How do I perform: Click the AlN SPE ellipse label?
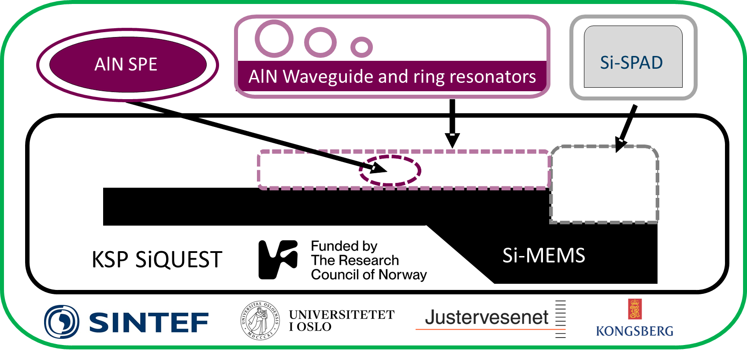click(126, 64)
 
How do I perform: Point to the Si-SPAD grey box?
click(633, 57)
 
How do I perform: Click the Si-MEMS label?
click(543, 255)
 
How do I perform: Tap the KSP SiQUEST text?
click(157, 260)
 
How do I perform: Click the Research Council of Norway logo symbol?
click(278, 260)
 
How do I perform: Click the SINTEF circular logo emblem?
click(62, 322)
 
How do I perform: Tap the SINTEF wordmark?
click(149, 323)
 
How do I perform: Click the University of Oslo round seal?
click(260, 320)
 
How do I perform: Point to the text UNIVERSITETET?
click(342, 315)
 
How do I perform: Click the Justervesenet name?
click(487, 317)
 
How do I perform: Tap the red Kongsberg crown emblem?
click(635, 309)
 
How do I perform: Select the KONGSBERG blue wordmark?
click(635, 331)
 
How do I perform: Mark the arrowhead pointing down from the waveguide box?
click(452, 141)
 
